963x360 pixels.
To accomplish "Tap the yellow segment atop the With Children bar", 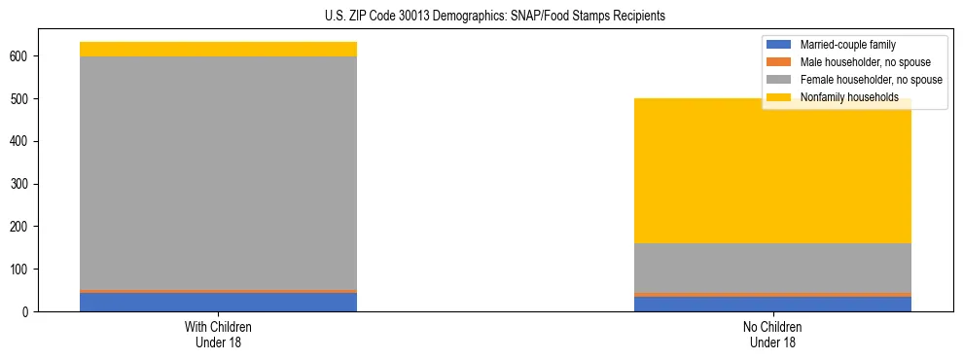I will (x=218, y=49).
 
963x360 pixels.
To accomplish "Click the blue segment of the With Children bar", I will (x=218, y=302).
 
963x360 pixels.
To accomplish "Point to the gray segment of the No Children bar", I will (x=772, y=267).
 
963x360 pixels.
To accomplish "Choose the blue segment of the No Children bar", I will (x=772, y=304).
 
